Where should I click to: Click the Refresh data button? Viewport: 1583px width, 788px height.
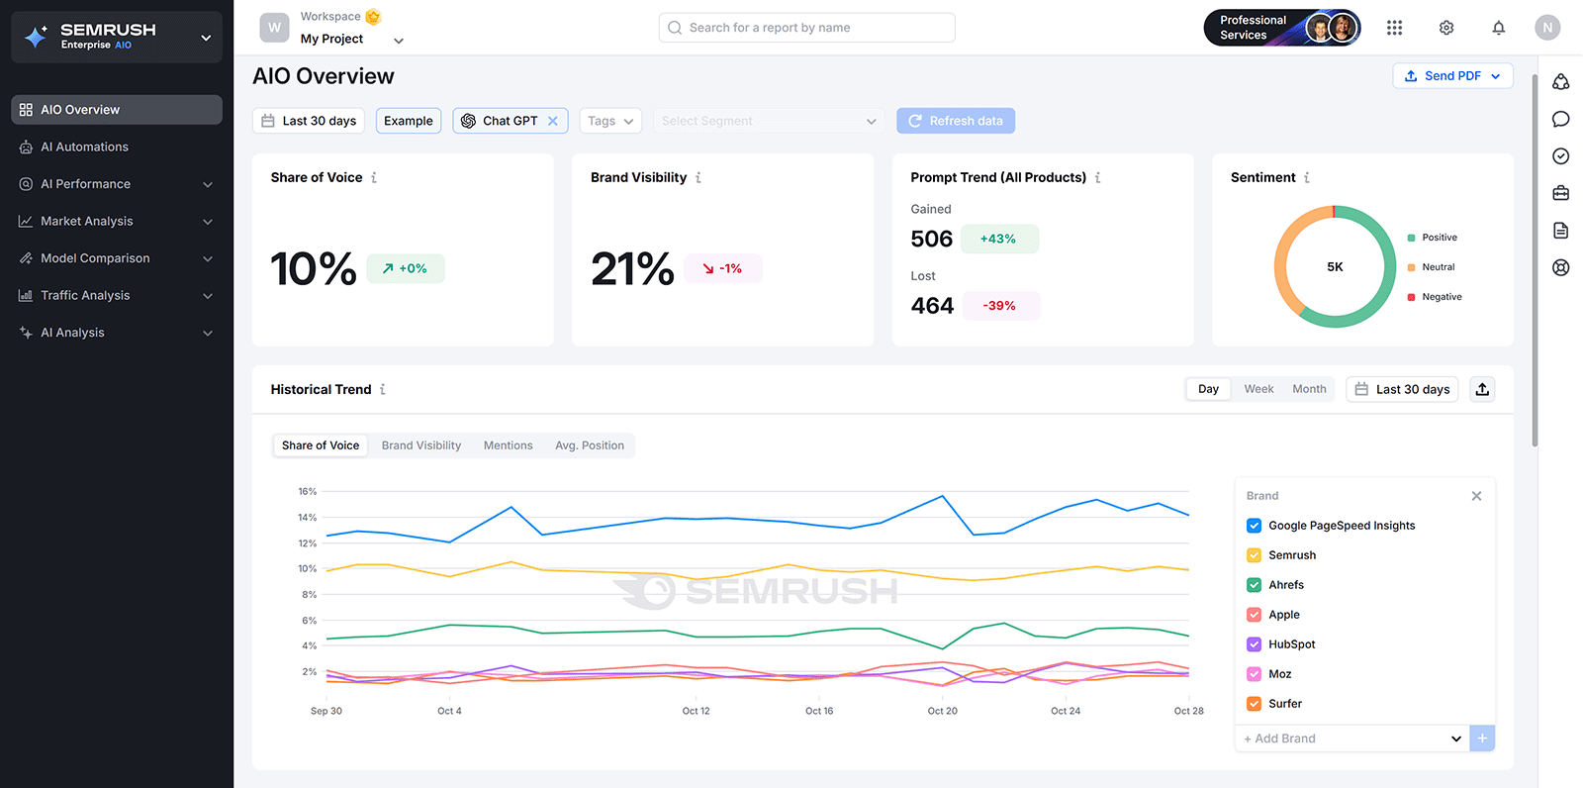click(x=956, y=121)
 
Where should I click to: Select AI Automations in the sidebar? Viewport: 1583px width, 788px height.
click(x=84, y=147)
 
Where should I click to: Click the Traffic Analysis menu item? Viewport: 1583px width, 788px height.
click(x=85, y=295)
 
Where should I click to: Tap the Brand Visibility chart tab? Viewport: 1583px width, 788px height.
click(x=421, y=445)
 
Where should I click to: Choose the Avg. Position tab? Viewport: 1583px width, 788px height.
click(x=590, y=445)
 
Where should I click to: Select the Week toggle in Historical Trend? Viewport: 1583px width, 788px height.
click(x=1258, y=389)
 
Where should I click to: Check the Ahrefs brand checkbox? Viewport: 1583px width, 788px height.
click(x=1254, y=585)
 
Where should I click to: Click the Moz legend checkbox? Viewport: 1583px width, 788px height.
click(x=1254, y=674)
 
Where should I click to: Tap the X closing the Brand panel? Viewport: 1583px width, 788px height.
click(x=1476, y=496)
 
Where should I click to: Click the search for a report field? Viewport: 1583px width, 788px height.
click(x=806, y=28)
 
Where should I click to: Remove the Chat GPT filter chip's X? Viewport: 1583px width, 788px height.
click(x=553, y=121)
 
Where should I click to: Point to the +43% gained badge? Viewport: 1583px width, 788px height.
click(x=997, y=239)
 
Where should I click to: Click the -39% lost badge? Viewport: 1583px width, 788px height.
click(x=999, y=306)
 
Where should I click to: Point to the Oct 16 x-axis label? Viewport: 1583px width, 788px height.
click(x=819, y=711)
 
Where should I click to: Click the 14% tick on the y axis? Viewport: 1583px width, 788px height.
click(x=308, y=518)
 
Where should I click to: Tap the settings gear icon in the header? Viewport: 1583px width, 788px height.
click(x=1446, y=28)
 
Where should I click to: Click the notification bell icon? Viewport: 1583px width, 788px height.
click(x=1498, y=28)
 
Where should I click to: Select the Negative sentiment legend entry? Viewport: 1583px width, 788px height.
click(x=1441, y=297)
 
